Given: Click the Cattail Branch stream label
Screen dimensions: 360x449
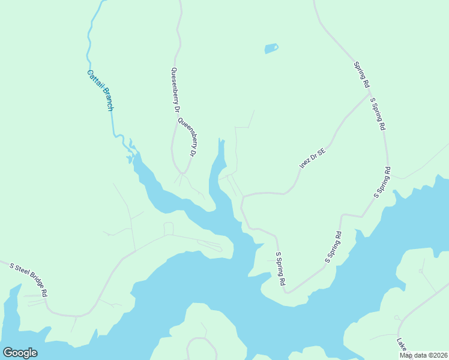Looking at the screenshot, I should pos(100,91).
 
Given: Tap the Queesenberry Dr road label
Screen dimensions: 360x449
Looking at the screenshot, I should pos(175,89).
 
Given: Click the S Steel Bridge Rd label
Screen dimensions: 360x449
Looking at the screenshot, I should pos(28,279).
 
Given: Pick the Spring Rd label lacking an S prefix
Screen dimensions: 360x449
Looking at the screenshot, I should pos(361,75).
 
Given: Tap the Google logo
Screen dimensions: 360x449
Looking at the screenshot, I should pos(20,353).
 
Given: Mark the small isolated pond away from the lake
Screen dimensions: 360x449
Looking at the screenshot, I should pos(271,48).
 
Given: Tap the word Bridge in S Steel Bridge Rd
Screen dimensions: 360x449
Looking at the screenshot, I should pos(37,284).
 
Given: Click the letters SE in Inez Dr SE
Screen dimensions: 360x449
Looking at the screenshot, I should pos(321,152).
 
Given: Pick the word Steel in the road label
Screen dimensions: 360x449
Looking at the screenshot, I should pos(20,274).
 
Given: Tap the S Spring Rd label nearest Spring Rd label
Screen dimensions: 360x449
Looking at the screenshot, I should pos(378,114).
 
